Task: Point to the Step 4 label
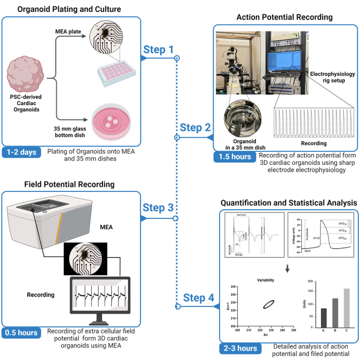click(196, 298)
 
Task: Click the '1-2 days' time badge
click(22, 152)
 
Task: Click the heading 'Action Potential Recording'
click(285, 17)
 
